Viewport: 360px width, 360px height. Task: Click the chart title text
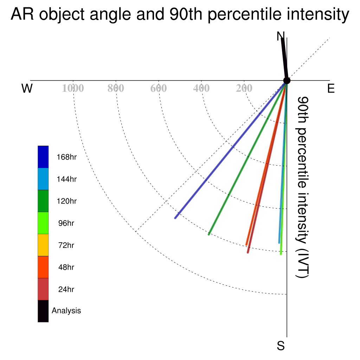pos(180,14)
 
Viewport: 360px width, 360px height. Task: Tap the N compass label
pos(280,36)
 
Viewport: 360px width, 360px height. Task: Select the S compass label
pos(281,346)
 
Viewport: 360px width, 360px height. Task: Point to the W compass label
pos(27,88)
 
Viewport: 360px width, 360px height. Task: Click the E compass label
pos(331,88)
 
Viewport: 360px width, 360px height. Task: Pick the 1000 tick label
pos(73,88)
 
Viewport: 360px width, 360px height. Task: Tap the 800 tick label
pos(116,88)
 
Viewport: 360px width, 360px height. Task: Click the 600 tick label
pos(159,88)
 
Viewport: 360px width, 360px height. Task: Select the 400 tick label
pos(201,88)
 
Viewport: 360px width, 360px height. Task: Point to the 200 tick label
pos(244,88)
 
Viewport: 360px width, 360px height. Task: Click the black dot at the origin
pos(287,81)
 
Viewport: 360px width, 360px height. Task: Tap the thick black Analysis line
pos(284,59)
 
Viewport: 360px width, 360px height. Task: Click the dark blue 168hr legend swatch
pos(43,157)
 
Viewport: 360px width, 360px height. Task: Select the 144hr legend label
pos(66,179)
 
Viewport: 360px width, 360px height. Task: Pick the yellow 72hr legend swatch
pos(43,245)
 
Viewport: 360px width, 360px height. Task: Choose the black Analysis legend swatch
pos(43,311)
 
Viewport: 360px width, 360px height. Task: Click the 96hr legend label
pos(66,223)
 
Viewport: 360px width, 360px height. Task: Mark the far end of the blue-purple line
pos(175,218)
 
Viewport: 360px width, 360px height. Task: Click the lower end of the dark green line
pos(209,234)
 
